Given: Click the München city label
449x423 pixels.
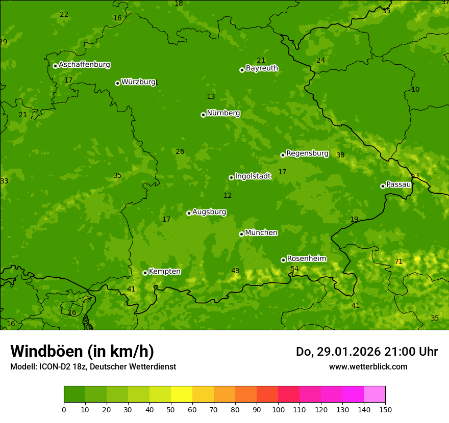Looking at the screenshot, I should coord(261,233).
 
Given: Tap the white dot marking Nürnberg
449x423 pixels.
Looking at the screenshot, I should coord(203,115).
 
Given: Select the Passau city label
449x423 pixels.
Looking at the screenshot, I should coord(398,184).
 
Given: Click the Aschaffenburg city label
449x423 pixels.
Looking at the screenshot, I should coord(84,65).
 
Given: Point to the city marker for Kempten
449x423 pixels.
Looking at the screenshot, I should coord(145,273).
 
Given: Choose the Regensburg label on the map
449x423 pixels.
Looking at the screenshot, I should coord(307,153).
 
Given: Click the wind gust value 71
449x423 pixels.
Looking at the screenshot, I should coord(398,262).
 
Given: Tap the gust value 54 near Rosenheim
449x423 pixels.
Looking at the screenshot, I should coord(294,269).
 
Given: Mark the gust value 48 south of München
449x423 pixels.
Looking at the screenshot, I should coord(235,271).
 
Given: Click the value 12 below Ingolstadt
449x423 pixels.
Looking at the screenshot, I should coord(228,195).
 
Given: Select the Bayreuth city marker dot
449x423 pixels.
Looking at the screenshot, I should coord(242,70).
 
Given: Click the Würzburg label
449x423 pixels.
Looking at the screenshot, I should coord(138,82).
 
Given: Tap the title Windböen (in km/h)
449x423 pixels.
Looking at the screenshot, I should coord(82,351).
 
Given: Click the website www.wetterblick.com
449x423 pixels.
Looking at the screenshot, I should coord(368,366).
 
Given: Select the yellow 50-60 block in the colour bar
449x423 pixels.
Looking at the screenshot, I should coord(182,394).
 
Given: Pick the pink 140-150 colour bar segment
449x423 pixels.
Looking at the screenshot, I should coord(375,394).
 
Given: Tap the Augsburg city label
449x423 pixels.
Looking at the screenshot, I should coord(209,212).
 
